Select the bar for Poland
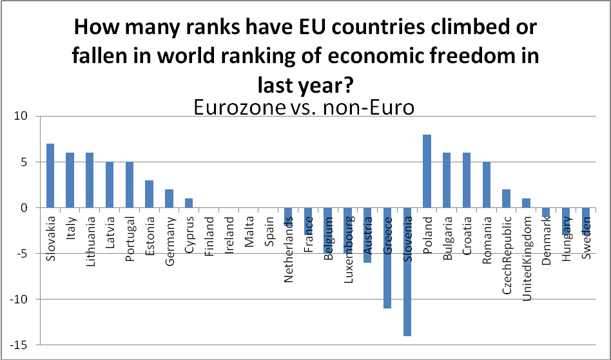point(427,171)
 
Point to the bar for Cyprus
point(189,203)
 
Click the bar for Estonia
point(150,194)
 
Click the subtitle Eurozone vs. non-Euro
point(304,107)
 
